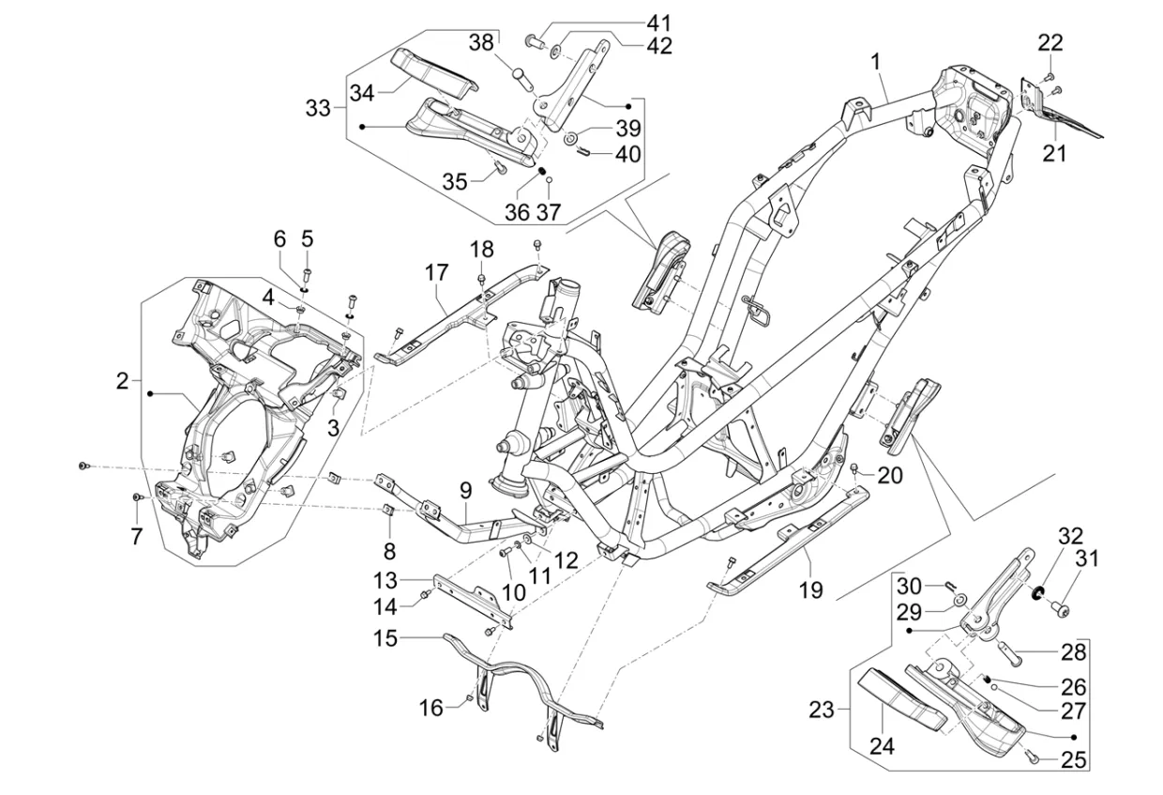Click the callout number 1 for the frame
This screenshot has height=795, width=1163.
[875, 62]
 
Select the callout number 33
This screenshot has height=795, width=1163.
[318, 109]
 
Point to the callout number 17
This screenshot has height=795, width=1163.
[436, 273]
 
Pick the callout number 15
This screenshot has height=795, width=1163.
[385, 638]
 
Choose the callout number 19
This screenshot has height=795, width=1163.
[810, 589]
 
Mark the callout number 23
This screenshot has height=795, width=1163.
[822, 711]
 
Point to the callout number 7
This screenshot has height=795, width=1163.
[136, 537]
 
